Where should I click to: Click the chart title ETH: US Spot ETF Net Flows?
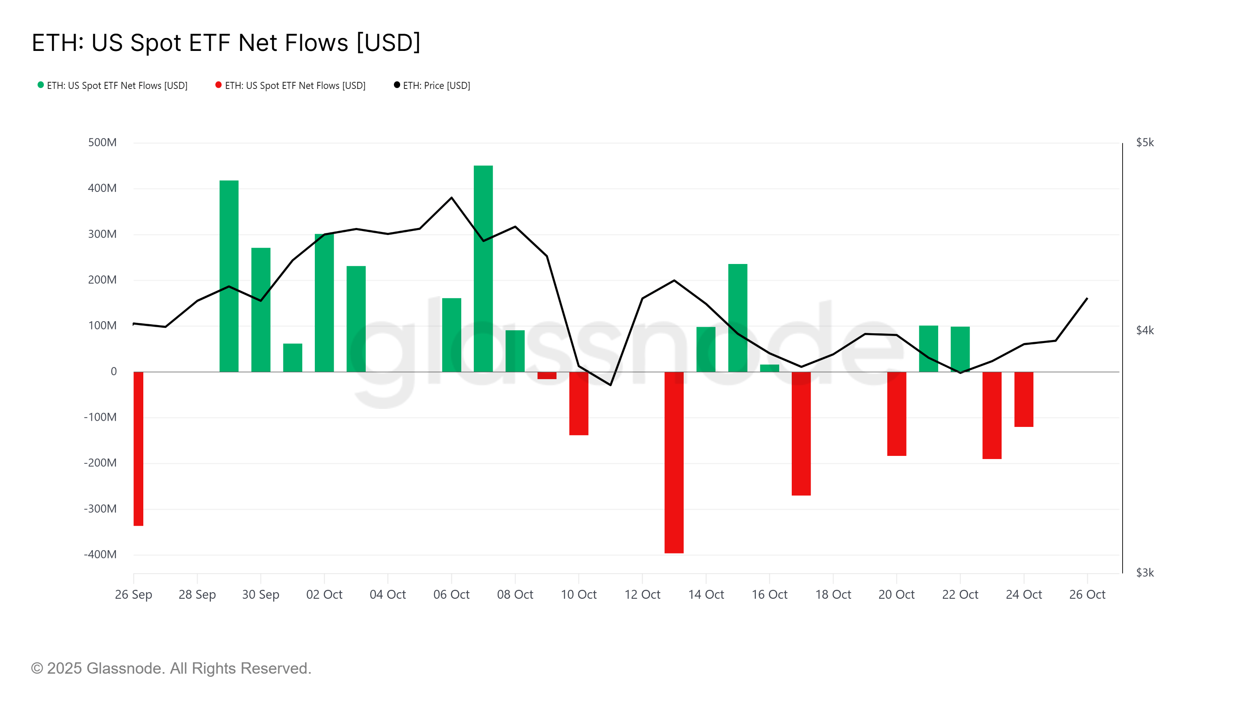(226, 43)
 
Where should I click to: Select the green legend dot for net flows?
(41, 85)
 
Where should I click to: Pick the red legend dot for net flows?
(218, 85)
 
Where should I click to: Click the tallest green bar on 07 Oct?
(483, 268)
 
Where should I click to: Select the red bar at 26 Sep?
(139, 448)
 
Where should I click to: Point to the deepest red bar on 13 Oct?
(673, 462)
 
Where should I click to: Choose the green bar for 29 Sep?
(229, 276)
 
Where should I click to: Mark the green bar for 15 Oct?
(737, 318)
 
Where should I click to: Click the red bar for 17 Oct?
(801, 434)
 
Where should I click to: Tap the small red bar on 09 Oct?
(547, 375)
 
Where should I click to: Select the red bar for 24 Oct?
(1024, 399)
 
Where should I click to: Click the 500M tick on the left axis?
(102, 143)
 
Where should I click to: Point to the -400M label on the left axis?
(100, 554)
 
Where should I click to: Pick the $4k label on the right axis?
(1145, 330)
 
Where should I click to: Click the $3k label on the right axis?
(1145, 573)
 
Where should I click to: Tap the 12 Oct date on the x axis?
(642, 595)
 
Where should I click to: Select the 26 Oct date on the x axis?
(1087, 595)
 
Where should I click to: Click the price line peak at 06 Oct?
(451, 197)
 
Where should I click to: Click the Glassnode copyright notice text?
(171, 669)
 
